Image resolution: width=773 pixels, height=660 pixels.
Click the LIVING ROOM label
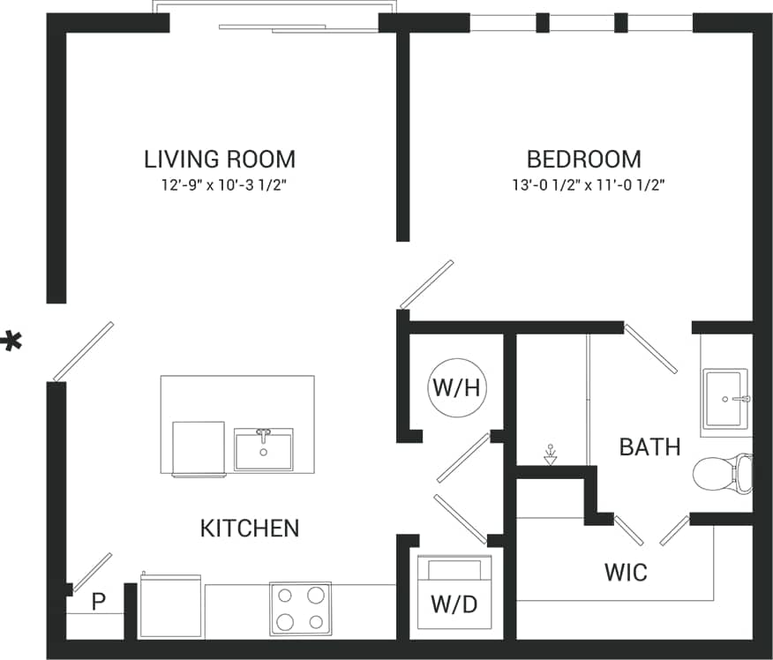pos(220,160)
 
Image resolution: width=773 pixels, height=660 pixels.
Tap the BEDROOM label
pos(583,160)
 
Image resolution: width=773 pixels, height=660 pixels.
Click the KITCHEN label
pos(250,529)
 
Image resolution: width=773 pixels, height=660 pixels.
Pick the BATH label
pos(649,446)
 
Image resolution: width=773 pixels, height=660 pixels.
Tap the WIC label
pos(626,572)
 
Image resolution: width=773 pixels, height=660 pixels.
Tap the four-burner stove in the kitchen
pos(300,608)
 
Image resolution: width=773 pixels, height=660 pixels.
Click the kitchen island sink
pos(263,449)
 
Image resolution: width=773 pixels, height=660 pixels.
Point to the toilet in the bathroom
pos(722,474)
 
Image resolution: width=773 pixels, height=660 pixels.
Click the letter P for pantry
pos(99,602)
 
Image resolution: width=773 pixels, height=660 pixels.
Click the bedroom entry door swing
pos(426,284)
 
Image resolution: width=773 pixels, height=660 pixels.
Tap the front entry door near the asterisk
pos(84,351)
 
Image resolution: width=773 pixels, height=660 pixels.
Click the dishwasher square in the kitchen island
pos(198,448)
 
